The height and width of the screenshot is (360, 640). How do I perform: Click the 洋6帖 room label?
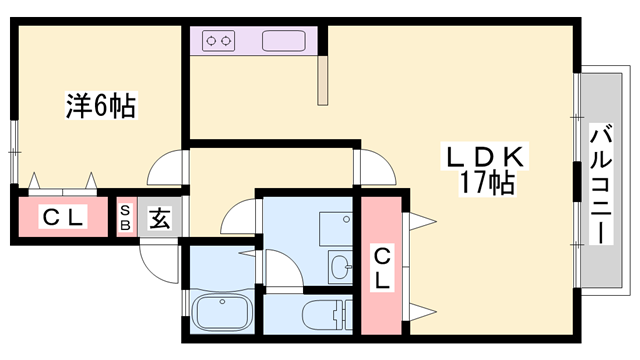tap(101, 106)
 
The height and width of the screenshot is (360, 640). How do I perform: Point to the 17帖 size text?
tap(487, 182)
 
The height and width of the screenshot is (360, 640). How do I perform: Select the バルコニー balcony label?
tap(601, 184)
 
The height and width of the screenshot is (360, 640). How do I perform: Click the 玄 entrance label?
tap(160, 218)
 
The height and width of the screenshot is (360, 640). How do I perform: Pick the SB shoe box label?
tap(125, 218)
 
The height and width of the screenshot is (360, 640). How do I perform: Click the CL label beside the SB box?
tap(63, 217)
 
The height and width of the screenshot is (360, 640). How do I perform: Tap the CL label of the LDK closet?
tap(382, 267)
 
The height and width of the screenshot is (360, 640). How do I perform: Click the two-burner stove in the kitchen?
tap(219, 41)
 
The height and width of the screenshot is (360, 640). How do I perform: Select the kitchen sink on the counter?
tap(284, 41)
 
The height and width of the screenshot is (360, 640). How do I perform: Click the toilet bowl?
tap(322, 315)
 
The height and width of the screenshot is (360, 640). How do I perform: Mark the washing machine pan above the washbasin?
tap(336, 229)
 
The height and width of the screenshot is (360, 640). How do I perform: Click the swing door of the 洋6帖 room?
tap(165, 168)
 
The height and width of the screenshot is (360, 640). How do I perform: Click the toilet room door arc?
tap(284, 267)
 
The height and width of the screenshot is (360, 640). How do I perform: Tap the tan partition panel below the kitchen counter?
tap(323, 81)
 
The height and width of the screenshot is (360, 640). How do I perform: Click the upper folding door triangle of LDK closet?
tap(423, 222)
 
